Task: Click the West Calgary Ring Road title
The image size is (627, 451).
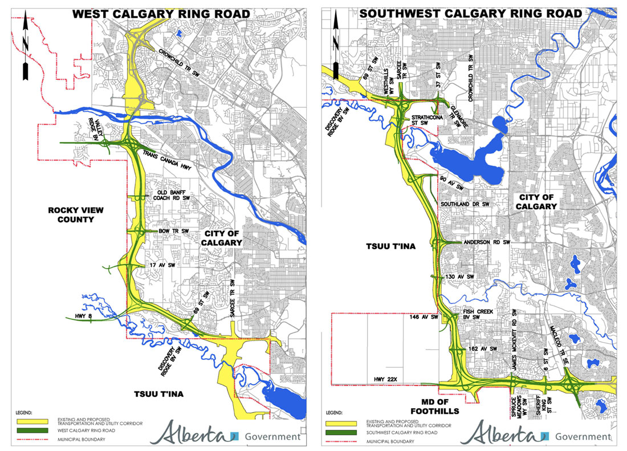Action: (x=160, y=14)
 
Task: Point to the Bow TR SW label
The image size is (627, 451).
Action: (x=172, y=231)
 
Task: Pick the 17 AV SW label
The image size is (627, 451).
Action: (x=161, y=266)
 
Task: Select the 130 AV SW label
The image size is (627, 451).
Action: (x=460, y=277)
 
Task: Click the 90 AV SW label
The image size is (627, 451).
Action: (x=450, y=182)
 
